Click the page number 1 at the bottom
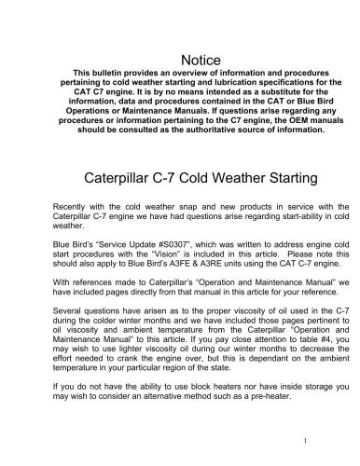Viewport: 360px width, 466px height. (x=317, y=439)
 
